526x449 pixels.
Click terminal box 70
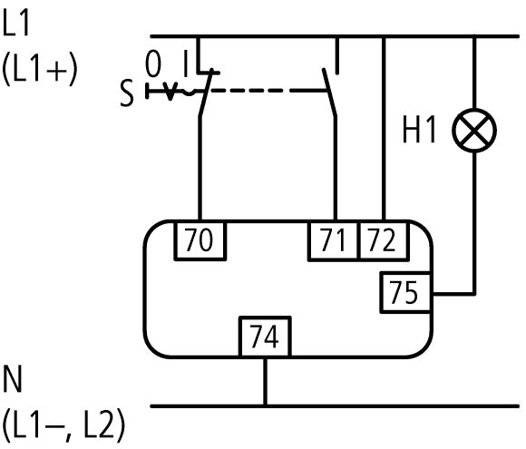[x=200, y=240]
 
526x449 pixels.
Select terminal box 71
[x=333, y=240]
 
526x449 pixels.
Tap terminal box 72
[x=384, y=240]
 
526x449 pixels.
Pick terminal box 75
[x=406, y=293]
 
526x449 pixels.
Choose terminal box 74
[x=265, y=337]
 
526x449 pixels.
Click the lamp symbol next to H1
[x=474, y=131]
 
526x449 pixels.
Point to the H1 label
[x=419, y=130]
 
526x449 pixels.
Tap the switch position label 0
[x=153, y=63]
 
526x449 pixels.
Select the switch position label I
[x=186, y=63]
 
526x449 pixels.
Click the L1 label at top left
[x=15, y=23]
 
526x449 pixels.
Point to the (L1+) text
[x=40, y=70]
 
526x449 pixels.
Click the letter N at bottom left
[x=13, y=378]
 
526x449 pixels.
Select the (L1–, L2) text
[x=63, y=425]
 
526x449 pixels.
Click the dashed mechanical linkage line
[x=267, y=91]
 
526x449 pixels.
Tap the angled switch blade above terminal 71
[x=329, y=93]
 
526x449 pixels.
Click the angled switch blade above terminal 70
[x=206, y=93]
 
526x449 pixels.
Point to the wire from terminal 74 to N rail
[x=265, y=381]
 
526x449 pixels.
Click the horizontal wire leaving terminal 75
[x=453, y=294]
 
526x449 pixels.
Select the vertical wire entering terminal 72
[x=384, y=129]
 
